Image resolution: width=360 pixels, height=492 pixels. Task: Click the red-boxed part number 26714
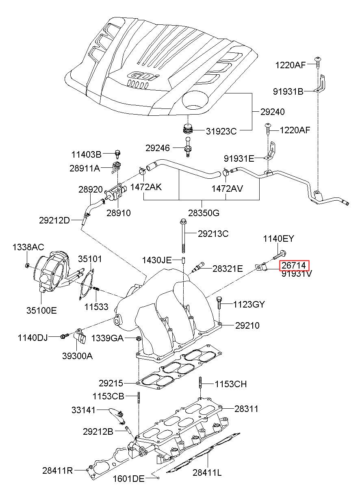click(294, 266)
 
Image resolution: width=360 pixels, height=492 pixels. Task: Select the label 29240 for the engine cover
click(273, 112)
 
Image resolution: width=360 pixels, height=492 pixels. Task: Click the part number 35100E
click(41, 310)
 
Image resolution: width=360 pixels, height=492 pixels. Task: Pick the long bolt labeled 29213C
click(183, 236)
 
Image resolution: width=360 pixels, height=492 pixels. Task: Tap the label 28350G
click(204, 213)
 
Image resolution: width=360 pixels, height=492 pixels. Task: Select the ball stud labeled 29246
click(188, 147)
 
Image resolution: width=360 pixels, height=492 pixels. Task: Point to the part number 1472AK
click(146, 187)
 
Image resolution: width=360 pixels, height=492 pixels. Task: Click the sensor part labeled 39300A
click(80, 336)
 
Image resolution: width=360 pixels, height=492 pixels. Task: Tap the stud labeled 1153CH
click(200, 383)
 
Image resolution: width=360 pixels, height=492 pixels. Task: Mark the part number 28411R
click(58, 470)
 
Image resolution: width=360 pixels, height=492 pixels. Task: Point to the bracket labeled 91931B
click(321, 84)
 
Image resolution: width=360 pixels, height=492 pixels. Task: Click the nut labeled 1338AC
click(27, 265)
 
